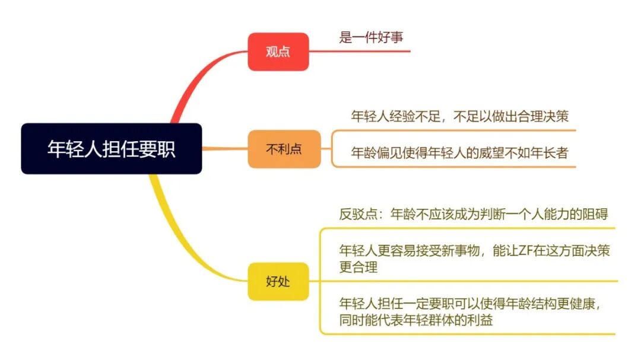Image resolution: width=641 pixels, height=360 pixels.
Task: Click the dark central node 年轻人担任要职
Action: coord(111,149)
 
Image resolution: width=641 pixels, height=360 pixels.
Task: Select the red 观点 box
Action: coord(278,52)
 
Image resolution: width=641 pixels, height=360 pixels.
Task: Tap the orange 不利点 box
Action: coord(284,149)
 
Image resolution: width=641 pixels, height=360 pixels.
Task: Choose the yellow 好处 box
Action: coord(278,281)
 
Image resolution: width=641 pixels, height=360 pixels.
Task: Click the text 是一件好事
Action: coord(371,37)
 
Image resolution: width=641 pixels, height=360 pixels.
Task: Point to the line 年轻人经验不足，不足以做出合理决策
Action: coord(460,116)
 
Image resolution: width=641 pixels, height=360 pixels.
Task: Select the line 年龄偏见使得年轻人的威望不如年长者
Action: coord(459,153)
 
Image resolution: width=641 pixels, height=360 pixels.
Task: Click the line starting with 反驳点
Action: coord(473,214)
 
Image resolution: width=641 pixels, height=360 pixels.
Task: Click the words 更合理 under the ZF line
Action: coord(358,267)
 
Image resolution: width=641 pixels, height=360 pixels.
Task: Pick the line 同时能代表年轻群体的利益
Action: coord(416,321)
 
